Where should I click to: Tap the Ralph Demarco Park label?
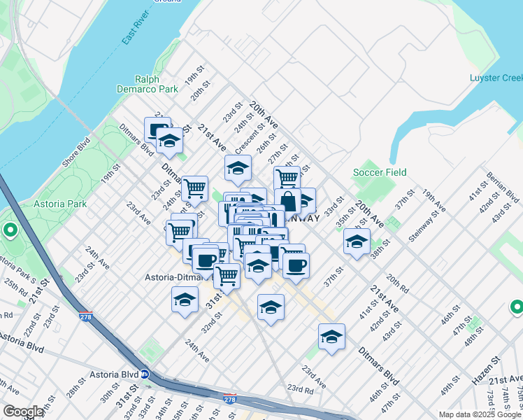pos(157,85)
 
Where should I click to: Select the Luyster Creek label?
pos(496,78)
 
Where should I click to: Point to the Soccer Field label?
pos(380,172)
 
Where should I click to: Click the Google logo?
pos(22,412)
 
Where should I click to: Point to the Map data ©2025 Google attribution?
pos(479,414)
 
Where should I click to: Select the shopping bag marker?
pos(287,199)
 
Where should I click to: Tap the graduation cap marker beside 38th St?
pos(357,242)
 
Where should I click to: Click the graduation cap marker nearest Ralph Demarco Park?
pos(169,141)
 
